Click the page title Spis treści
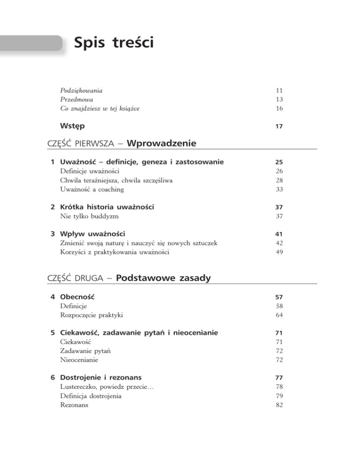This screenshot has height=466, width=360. click(113, 45)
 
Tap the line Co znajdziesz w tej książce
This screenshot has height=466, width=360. click(101, 109)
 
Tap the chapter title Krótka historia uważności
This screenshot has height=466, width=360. click(107, 207)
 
